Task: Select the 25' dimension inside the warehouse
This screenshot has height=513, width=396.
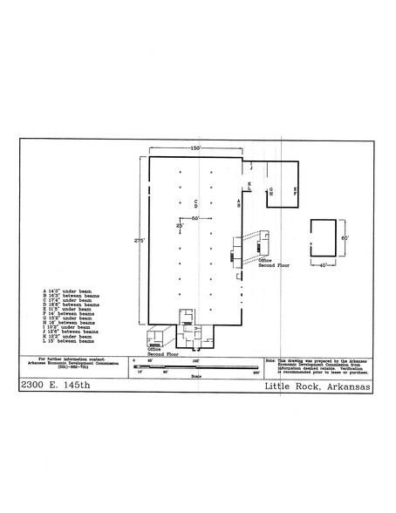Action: pos(179,226)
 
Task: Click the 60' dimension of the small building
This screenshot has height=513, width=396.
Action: pos(345,237)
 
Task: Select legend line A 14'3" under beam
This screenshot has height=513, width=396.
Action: pos(73,290)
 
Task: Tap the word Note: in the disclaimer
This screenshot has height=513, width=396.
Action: pos(271,359)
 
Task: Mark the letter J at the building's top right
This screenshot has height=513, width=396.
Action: pos(251,165)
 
